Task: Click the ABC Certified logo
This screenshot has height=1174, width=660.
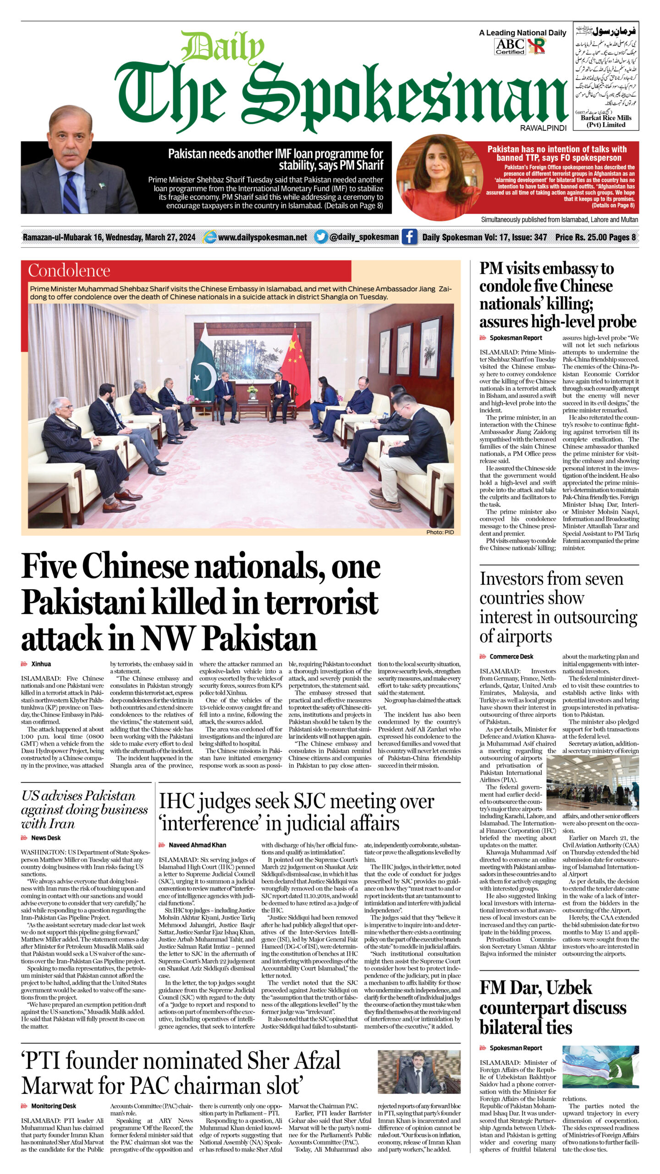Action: [510, 46]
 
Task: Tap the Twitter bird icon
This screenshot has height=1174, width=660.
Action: [322, 237]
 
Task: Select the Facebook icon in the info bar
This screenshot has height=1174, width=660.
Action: [409, 237]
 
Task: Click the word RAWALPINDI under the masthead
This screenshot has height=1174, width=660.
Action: [543, 128]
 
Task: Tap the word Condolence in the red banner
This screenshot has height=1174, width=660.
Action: [69, 271]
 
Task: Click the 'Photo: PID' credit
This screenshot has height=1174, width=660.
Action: [440, 532]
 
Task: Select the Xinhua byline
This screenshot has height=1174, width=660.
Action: [41, 664]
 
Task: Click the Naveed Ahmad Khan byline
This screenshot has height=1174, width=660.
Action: [197, 845]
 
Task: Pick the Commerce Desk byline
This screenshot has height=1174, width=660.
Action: [511, 657]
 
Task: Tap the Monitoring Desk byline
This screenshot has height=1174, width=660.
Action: [53, 1106]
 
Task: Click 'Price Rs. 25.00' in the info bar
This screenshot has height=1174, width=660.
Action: [580, 237]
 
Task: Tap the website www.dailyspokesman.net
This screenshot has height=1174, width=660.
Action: [262, 237]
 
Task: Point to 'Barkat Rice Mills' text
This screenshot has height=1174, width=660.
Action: [606, 118]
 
